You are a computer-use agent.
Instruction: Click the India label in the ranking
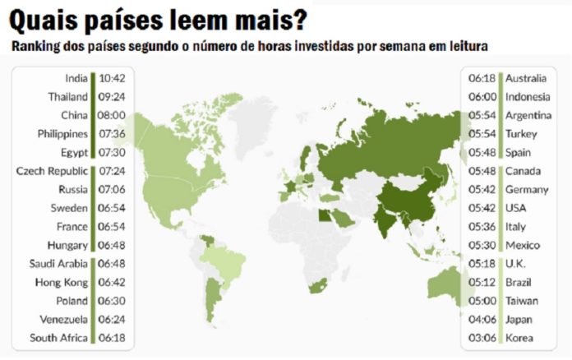(76, 79)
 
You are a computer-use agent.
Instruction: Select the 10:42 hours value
(113, 79)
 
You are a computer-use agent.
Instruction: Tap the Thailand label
(67, 97)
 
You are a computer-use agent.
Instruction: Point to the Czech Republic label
(53, 171)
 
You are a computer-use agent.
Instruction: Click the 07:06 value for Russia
(113, 189)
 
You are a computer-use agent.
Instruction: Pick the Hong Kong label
(62, 282)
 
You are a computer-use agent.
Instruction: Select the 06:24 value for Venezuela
(113, 319)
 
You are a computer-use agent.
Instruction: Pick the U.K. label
(515, 263)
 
